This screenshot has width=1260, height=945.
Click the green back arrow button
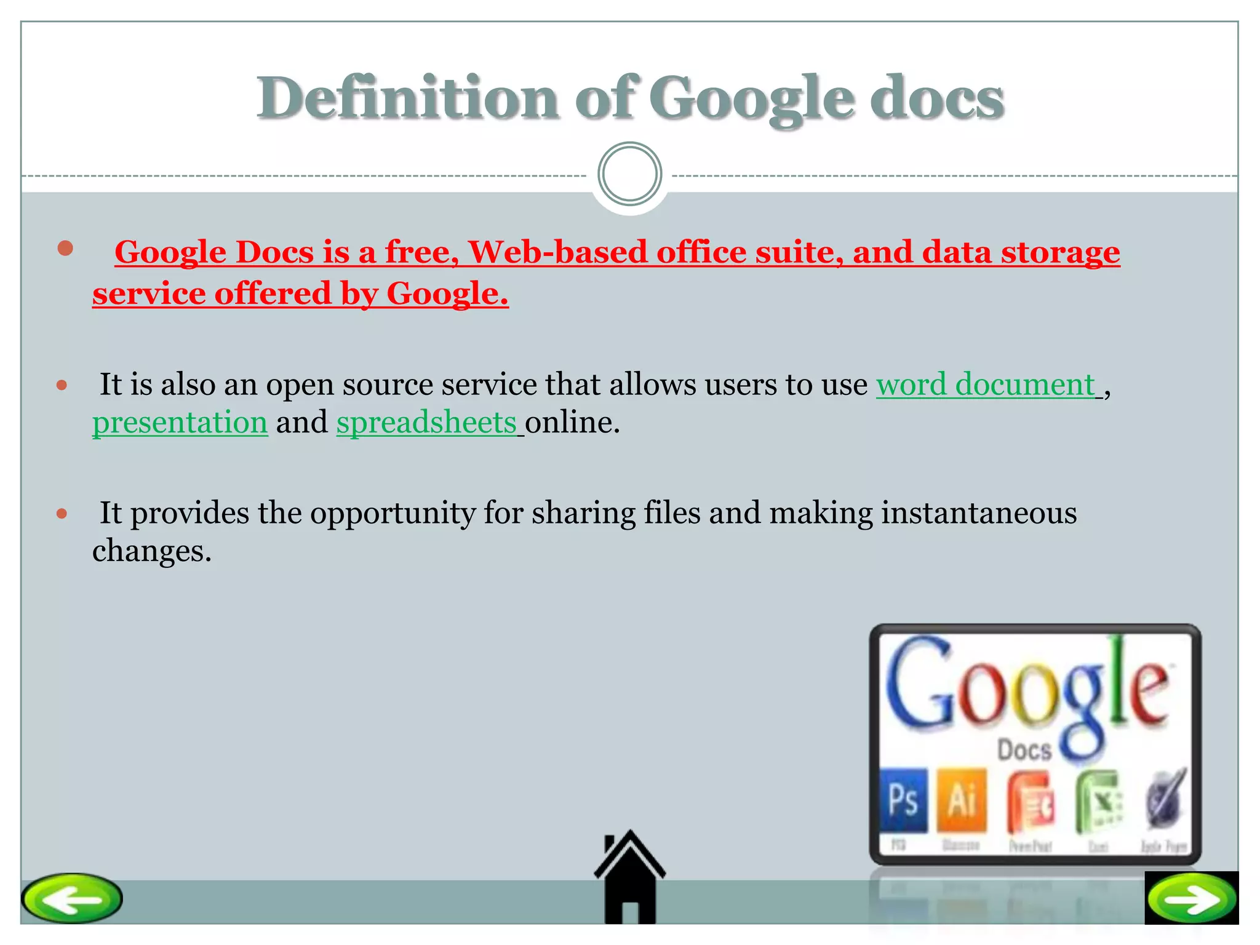[x=72, y=898]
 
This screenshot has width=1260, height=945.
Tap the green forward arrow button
[x=1192, y=899]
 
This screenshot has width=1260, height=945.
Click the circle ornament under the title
[x=629, y=174]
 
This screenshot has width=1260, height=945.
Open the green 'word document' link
[x=985, y=385]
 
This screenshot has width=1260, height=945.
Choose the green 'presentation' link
[x=180, y=423]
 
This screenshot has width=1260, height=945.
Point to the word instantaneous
[x=979, y=513]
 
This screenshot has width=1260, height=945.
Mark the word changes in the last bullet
[x=151, y=551]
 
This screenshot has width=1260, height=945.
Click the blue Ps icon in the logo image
[x=903, y=799]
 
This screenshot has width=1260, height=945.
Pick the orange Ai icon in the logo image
[x=962, y=800]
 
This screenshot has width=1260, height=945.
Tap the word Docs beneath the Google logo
[x=1024, y=750]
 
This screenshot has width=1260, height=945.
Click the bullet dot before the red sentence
[x=65, y=249]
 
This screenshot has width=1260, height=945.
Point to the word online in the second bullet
[x=572, y=423]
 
